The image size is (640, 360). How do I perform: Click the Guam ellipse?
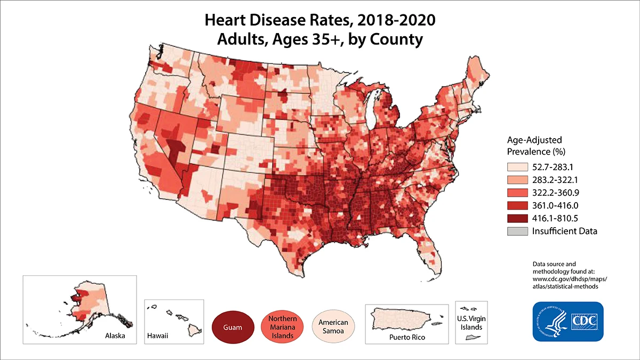click(232, 326)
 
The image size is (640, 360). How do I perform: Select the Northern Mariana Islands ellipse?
click(283, 326)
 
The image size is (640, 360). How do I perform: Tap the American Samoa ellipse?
click(333, 326)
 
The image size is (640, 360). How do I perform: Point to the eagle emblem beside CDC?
click(553, 322)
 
